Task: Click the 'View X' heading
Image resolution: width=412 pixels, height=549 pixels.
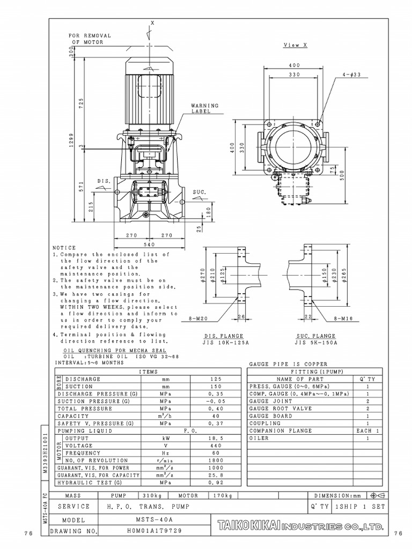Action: pos(295,46)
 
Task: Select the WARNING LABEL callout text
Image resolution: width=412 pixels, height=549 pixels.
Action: pos(201,108)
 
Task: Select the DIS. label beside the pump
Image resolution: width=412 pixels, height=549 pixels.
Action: pos(104,181)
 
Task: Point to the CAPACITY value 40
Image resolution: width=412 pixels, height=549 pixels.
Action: pos(216,416)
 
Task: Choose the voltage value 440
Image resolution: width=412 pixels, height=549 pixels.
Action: pos(216,446)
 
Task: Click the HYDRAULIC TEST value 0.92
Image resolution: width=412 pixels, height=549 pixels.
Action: pos(216,483)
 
